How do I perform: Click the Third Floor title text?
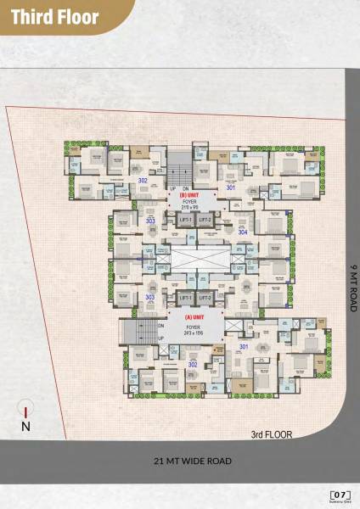(x=56, y=17)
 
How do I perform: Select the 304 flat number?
(x=243, y=232)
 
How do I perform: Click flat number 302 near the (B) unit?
(x=143, y=181)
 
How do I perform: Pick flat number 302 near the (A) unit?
(x=193, y=364)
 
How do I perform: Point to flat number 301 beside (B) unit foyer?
(x=231, y=188)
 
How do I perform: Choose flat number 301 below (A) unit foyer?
(x=244, y=346)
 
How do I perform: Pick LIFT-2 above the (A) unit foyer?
(x=205, y=298)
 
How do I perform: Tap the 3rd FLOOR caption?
(x=271, y=434)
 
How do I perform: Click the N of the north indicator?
(x=26, y=427)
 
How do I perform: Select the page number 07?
(x=340, y=493)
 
